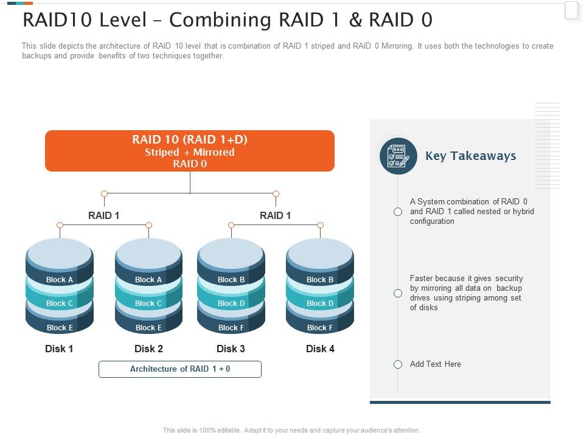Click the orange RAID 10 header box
coord(190,151)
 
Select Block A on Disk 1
coord(60,280)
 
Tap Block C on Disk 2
coord(148,303)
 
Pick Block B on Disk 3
coord(231,280)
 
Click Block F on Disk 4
coord(320,327)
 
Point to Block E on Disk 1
coord(60,327)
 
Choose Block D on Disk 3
coord(231,303)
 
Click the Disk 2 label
coord(148,349)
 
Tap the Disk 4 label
coord(320,349)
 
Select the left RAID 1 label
coord(104,215)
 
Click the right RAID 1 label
coord(275,215)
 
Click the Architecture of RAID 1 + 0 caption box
coord(180,369)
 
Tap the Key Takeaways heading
coord(470,156)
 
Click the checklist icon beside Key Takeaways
coord(398,156)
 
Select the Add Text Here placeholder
coord(435,364)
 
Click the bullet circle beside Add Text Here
coord(398,364)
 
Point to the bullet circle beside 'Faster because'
coord(398,293)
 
